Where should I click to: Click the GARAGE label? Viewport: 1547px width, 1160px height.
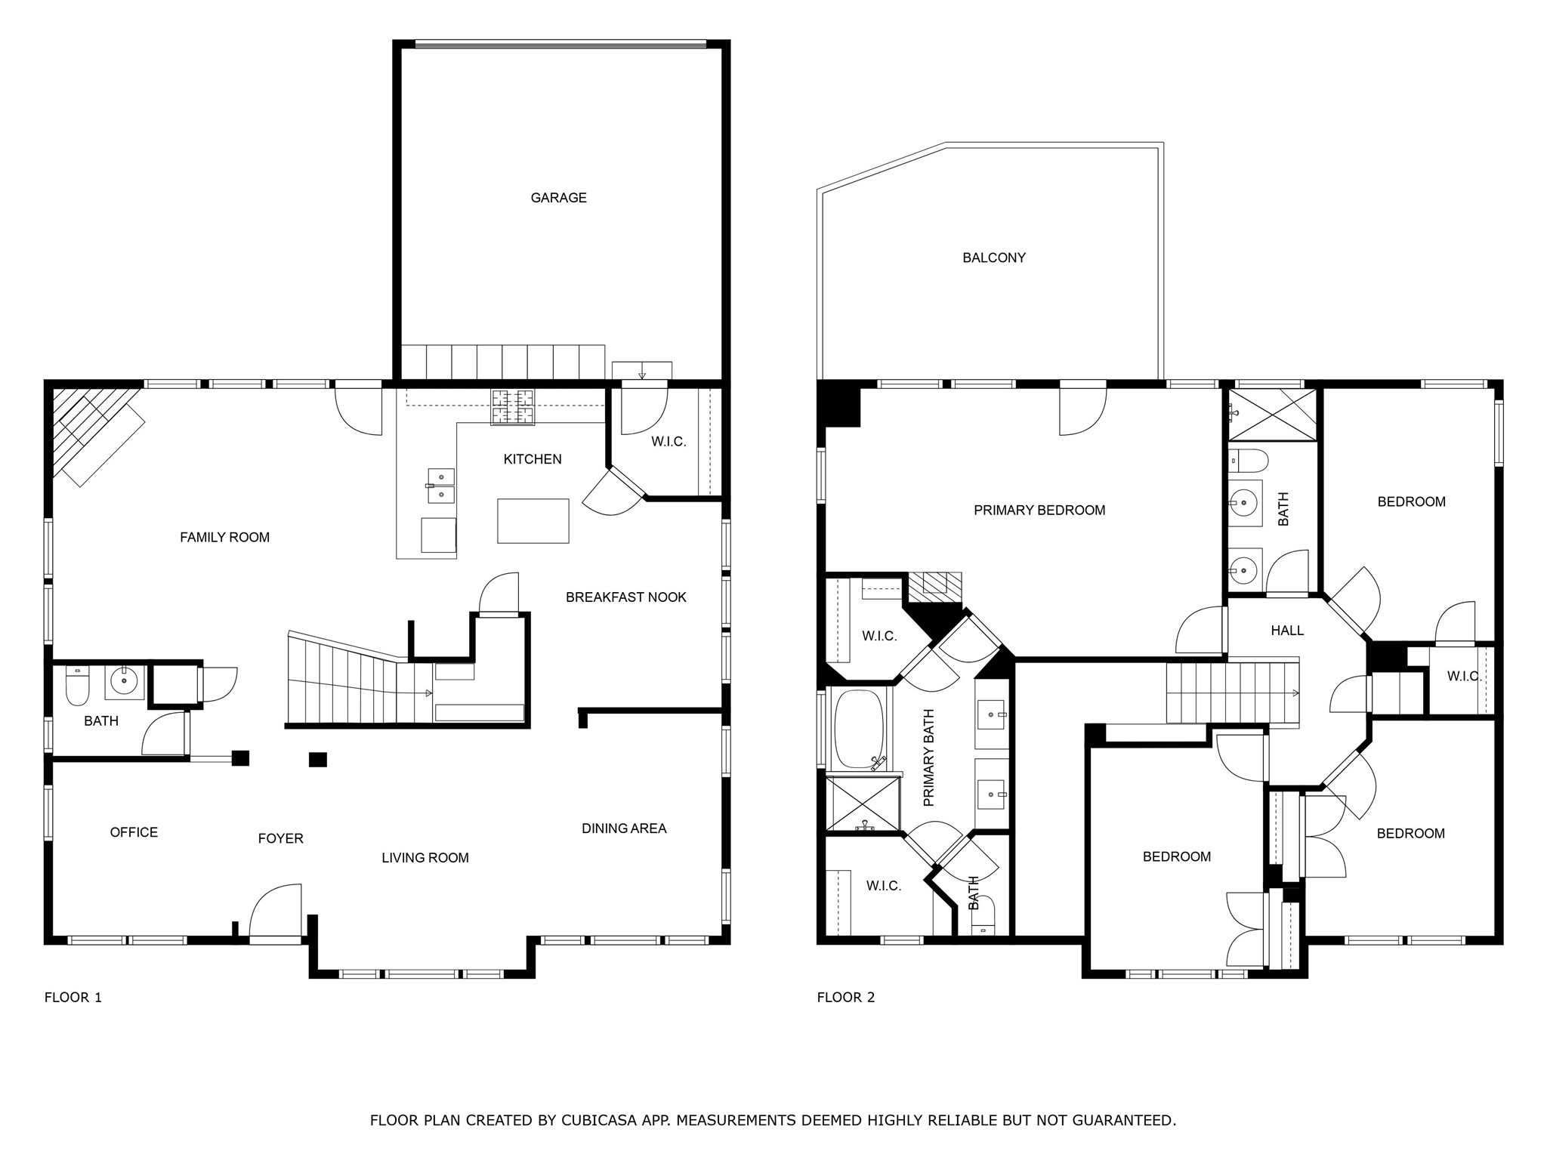click(558, 198)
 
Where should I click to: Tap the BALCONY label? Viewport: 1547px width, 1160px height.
click(993, 258)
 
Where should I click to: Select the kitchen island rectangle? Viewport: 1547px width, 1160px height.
click(533, 520)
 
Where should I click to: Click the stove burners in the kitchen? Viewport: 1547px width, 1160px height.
click(513, 406)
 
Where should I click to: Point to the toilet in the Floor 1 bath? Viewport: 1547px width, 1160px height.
click(77, 686)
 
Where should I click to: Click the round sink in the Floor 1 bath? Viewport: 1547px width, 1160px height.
click(124, 681)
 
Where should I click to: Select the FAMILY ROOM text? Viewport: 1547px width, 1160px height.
click(224, 537)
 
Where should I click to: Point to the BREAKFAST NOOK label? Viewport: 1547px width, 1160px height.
click(625, 597)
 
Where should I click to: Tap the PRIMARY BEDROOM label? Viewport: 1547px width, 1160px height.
click(1039, 511)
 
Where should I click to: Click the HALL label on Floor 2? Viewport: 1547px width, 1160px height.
click(1286, 631)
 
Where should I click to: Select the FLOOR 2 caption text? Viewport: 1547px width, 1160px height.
click(845, 997)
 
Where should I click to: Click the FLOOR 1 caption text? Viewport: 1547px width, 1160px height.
click(73, 997)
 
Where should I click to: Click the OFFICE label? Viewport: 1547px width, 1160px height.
click(134, 832)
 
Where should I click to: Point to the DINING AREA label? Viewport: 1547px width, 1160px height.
click(623, 828)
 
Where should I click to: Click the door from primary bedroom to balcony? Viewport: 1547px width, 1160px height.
click(1082, 412)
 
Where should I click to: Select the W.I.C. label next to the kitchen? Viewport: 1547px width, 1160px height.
click(668, 442)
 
